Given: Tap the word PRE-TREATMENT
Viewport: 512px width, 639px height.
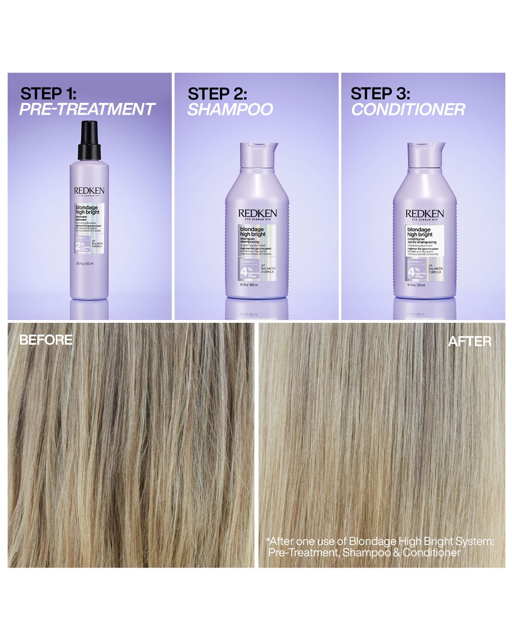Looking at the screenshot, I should (x=87, y=109).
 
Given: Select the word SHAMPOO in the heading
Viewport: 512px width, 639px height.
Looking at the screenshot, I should (x=230, y=109).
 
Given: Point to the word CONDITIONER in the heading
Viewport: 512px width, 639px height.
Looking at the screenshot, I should (x=408, y=109).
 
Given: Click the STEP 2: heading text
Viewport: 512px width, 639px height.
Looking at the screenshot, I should (x=217, y=93).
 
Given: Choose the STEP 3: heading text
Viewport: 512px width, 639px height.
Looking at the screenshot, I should (x=380, y=93).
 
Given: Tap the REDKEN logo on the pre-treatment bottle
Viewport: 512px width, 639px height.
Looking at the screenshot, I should (x=89, y=190).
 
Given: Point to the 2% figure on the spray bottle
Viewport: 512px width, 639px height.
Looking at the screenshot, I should (x=81, y=246).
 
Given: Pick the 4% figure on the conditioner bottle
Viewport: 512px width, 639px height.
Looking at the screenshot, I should (x=413, y=271).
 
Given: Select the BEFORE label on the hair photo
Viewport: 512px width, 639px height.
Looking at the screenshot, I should (x=46, y=340).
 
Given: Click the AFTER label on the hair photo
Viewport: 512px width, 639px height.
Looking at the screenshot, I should (x=470, y=341).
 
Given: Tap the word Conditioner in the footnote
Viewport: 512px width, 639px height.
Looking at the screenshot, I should (x=434, y=553).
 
